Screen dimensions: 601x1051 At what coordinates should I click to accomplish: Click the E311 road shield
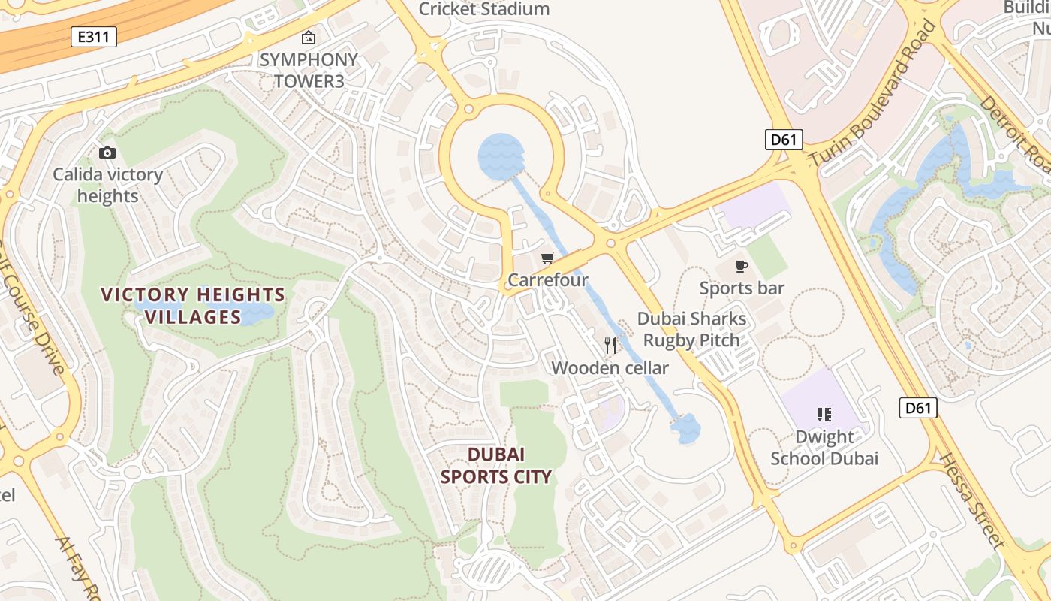click(x=94, y=37)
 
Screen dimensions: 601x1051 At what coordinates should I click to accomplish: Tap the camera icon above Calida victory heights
click(x=107, y=153)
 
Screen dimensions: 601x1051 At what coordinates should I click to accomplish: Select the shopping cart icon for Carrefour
click(x=548, y=258)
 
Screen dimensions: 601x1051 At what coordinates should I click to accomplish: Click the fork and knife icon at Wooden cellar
click(x=610, y=346)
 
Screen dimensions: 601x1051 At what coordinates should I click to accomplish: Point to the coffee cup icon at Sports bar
click(x=742, y=266)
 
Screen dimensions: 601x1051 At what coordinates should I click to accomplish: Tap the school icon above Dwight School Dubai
click(x=824, y=415)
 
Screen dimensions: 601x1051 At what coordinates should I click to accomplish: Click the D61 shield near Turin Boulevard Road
click(x=784, y=139)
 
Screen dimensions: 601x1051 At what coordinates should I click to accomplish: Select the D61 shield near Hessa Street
click(x=918, y=408)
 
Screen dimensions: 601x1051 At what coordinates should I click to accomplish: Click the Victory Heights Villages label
click(x=193, y=306)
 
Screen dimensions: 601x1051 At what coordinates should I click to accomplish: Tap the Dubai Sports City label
click(x=495, y=465)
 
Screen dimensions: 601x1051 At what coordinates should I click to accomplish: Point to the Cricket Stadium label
click(x=484, y=9)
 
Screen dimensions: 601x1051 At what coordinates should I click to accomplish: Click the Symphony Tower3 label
click(x=309, y=70)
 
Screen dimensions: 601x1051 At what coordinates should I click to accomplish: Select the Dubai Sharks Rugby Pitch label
click(x=692, y=329)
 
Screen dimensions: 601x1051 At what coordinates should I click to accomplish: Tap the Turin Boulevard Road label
click(x=875, y=94)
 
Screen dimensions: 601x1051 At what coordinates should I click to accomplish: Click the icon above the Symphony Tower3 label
click(x=309, y=38)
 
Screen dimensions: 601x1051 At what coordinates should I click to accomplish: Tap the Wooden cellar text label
click(x=610, y=368)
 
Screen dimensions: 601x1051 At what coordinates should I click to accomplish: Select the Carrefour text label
click(x=548, y=280)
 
